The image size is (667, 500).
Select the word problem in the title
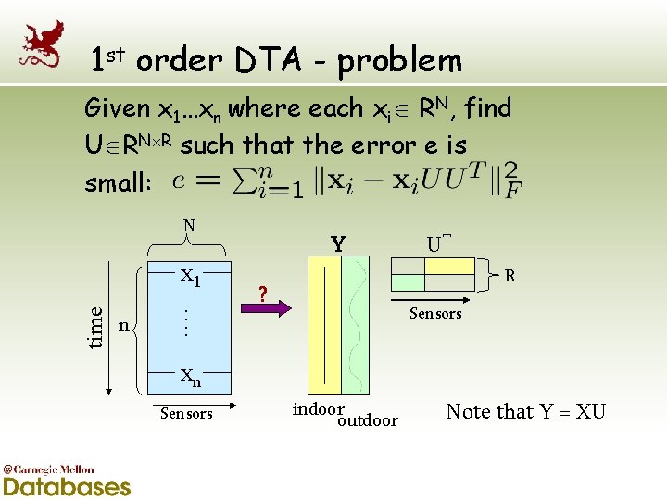coord(399,61)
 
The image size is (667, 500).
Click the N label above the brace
coord(188,224)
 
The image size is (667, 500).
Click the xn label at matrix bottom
coord(190,376)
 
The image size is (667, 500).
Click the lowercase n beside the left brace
coord(123,325)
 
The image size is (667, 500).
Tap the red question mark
coord(263,295)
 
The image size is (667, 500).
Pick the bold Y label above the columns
coord(339,244)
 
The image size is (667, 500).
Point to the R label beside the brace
coord(509,275)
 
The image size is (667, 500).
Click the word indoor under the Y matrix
coord(318,408)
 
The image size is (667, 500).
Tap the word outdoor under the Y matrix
coord(368,420)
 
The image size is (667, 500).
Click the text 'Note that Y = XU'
coord(525,411)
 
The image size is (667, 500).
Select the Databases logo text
coord(67,486)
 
